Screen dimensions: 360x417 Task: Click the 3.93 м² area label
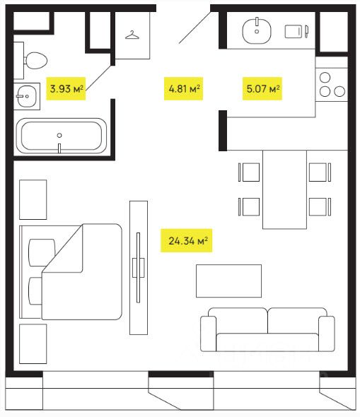[x=66, y=88]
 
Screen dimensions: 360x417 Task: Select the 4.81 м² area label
[x=184, y=88]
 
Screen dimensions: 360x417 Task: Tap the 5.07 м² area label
[x=262, y=88]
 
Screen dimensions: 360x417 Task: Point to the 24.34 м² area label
[x=187, y=241]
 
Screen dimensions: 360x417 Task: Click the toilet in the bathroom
[x=35, y=61]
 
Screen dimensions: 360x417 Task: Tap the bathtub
[x=62, y=136]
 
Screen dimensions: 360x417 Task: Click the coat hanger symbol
[x=132, y=35]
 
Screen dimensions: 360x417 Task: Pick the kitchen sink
[x=257, y=30]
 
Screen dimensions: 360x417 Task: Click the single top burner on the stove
[x=325, y=78]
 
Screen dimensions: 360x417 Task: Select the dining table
[x=284, y=189]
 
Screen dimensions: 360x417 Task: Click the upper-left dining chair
[x=249, y=172]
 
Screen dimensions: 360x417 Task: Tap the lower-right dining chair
[x=320, y=206]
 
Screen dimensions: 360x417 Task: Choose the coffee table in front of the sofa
[x=229, y=281]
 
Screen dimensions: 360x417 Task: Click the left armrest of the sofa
[x=209, y=334]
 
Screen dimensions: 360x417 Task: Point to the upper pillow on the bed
[x=42, y=252]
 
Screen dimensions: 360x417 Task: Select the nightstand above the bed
[x=33, y=200]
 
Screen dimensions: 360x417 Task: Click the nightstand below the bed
[x=33, y=344]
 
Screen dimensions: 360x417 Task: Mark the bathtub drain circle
[x=59, y=136]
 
